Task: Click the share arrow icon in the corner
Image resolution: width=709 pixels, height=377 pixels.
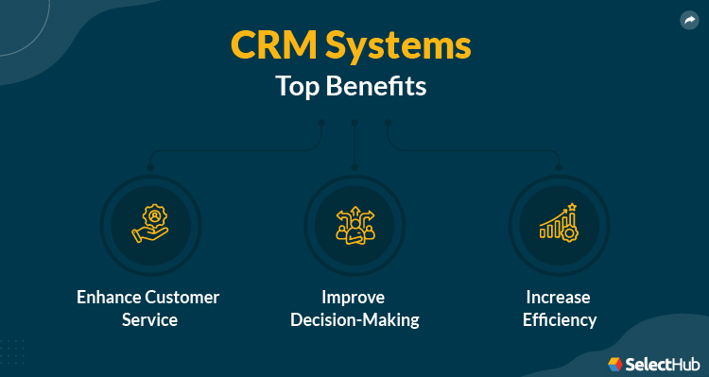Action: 688,19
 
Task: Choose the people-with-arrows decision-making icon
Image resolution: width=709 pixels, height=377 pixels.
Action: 354,224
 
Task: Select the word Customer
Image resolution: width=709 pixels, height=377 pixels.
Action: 184,297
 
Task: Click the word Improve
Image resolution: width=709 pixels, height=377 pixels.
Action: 352,297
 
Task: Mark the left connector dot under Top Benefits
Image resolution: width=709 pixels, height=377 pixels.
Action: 321,123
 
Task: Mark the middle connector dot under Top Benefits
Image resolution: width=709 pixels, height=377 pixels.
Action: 354,123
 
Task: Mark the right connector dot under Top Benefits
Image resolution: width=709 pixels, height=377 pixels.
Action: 388,123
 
